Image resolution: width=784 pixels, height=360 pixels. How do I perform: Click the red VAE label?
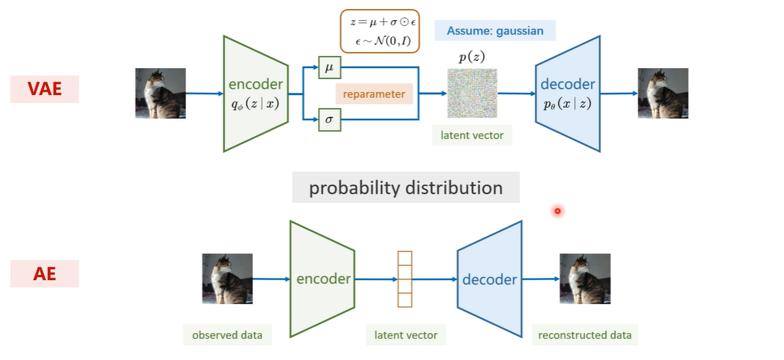(44, 89)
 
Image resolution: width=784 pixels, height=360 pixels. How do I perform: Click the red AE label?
(44, 274)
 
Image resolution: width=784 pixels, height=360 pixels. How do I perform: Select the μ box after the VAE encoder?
(330, 67)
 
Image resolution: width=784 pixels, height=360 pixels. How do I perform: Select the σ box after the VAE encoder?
(330, 120)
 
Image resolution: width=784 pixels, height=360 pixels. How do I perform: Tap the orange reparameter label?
(374, 94)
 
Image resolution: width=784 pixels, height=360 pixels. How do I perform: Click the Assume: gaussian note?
(495, 31)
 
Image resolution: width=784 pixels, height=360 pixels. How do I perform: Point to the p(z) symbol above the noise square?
(472, 57)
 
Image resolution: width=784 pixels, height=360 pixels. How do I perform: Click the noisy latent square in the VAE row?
(472, 93)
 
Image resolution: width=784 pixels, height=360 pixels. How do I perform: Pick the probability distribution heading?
(406, 188)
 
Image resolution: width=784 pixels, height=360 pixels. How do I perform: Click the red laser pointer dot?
(558, 211)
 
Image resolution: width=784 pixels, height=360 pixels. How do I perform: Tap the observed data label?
(227, 335)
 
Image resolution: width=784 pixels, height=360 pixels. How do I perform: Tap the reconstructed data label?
(585, 335)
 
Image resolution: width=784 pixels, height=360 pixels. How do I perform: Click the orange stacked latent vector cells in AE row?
(405, 279)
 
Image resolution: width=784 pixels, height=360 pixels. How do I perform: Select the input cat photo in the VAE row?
(161, 94)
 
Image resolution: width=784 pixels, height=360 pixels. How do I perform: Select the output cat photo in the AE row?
(585, 279)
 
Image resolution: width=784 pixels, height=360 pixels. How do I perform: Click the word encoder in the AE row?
(323, 279)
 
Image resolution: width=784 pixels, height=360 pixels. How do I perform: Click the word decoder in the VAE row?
(568, 84)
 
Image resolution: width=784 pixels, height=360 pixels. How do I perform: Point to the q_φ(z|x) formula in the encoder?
(255, 103)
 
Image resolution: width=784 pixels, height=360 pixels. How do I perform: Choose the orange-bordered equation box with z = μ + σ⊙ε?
(380, 31)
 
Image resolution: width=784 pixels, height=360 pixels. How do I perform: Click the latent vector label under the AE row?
(406, 335)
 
